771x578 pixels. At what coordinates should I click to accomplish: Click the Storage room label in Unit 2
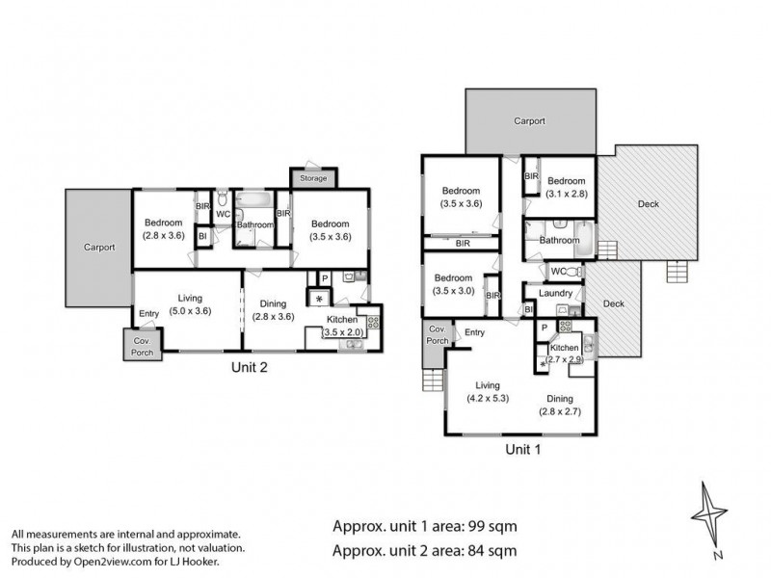[x=313, y=178]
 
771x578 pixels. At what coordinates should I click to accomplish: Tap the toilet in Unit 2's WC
[x=223, y=198]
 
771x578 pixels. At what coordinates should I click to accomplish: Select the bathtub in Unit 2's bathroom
[x=253, y=199]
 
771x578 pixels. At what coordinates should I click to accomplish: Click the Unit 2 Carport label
[x=99, y=248]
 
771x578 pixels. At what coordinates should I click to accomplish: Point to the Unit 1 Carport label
[x=529, y=121]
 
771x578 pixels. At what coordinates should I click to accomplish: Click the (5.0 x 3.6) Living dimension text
[x=190, y=310]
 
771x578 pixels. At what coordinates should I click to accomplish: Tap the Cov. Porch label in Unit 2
[x=142, y=347]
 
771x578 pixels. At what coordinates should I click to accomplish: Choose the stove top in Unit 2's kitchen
[x=373, y=323]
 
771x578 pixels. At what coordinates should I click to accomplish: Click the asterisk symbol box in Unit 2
[x=319, y=299]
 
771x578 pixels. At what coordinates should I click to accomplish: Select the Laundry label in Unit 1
[x=556, y=294]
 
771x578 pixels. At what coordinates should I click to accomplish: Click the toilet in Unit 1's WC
[x=573, y=272]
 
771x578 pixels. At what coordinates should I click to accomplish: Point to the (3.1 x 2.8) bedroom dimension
[x=567, y=194]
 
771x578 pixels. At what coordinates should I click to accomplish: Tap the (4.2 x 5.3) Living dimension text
[x=488, y=398]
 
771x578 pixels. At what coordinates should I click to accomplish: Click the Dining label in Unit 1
[x=560, y=399]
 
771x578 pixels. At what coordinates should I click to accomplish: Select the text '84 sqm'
[x=491, y=551]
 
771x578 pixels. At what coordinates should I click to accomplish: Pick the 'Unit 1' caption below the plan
[x=523, y=449]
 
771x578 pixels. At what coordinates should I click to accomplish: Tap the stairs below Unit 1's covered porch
[x=433, y=380]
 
